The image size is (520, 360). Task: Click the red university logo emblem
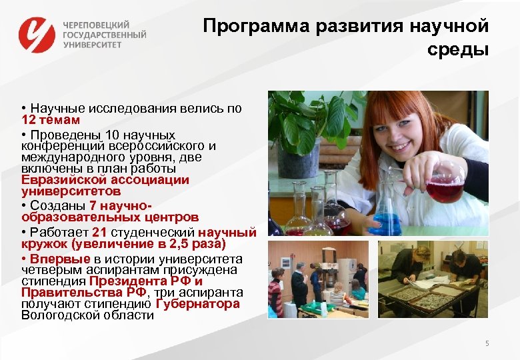[36, 34]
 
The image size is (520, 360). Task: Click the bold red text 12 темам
[51, 120]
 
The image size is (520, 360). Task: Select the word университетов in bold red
[66, 191]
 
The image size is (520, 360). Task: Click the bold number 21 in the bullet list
[99, 232]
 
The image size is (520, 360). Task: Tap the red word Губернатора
[197, 304]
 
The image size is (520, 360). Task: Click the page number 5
[487, 343]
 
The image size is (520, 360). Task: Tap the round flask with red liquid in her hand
[443, 185]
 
